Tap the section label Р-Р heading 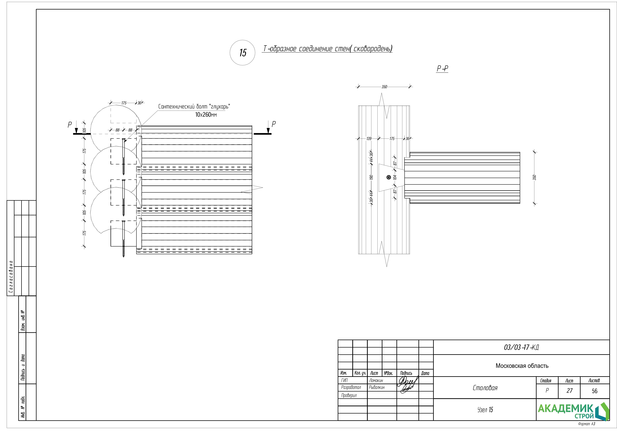pyautogui.click(x=442, y=69)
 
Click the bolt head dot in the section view pyautogui.click(x=388, y=177)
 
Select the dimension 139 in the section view pyautogui.click(x=369, y=139)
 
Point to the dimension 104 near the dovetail pyautogui.click(x=395, y=177)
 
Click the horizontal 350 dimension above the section pyautogui.click(x=384, y=87)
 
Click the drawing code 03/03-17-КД pyautogui.click(x=521, y=347)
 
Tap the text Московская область pyautogui.click(x=522, y=366)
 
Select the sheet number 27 pyautogui.click(x=569, y=391)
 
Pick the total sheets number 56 pyautogui.click(x=594, y=391)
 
